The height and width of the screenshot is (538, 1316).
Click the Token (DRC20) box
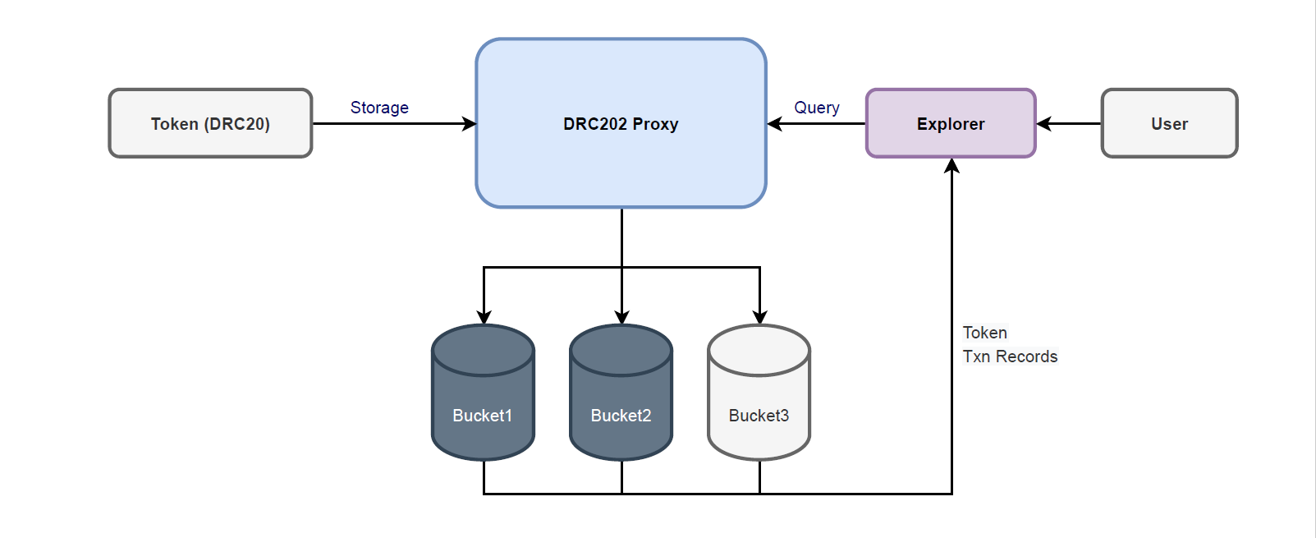coord(210,123)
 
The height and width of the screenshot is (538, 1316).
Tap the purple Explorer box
coord(951,123)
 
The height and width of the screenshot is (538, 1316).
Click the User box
coord(1169,123)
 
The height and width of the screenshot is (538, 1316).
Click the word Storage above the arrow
coord(379,108)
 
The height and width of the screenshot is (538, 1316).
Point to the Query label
coord(817,108)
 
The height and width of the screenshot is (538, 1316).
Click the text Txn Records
coord(1010,356)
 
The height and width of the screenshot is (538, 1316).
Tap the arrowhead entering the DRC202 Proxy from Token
coord(470,124)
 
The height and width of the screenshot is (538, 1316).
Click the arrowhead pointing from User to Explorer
coord(1044,124)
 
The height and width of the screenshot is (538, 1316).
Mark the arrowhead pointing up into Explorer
coord(951,166)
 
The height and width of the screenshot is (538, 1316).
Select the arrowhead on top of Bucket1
coord(484,317)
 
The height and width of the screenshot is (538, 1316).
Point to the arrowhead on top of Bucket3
coord(759,317)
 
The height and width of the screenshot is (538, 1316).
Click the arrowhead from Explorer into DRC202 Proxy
coord(774,124)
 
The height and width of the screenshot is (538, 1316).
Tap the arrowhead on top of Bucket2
coord(621,317)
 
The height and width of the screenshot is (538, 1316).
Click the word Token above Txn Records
coord(984,333)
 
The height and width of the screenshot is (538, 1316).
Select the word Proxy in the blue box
coord(655,124)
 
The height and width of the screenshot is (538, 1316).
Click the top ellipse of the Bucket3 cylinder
coord(759,350)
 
